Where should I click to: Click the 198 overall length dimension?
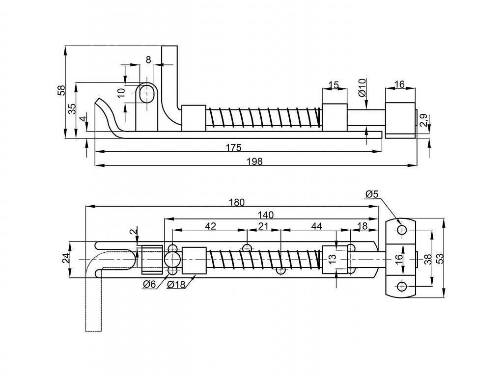pyautogui.click(x=255, y=161)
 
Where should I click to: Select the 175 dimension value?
pyautogui.click(x=233, y=147)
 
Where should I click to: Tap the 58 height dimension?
pyautogui.click(x=61, y=90)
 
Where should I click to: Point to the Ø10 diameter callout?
pyautogui.click(x=362, y=87)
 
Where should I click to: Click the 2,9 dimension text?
pyautogui.click(x=423, y=121)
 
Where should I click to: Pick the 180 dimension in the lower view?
pyautogui.click(x=237, y=202)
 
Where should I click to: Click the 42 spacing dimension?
pyautogui.click(x=210, y=226)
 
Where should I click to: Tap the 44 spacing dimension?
pyautogui.click(x=317, y=226)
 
